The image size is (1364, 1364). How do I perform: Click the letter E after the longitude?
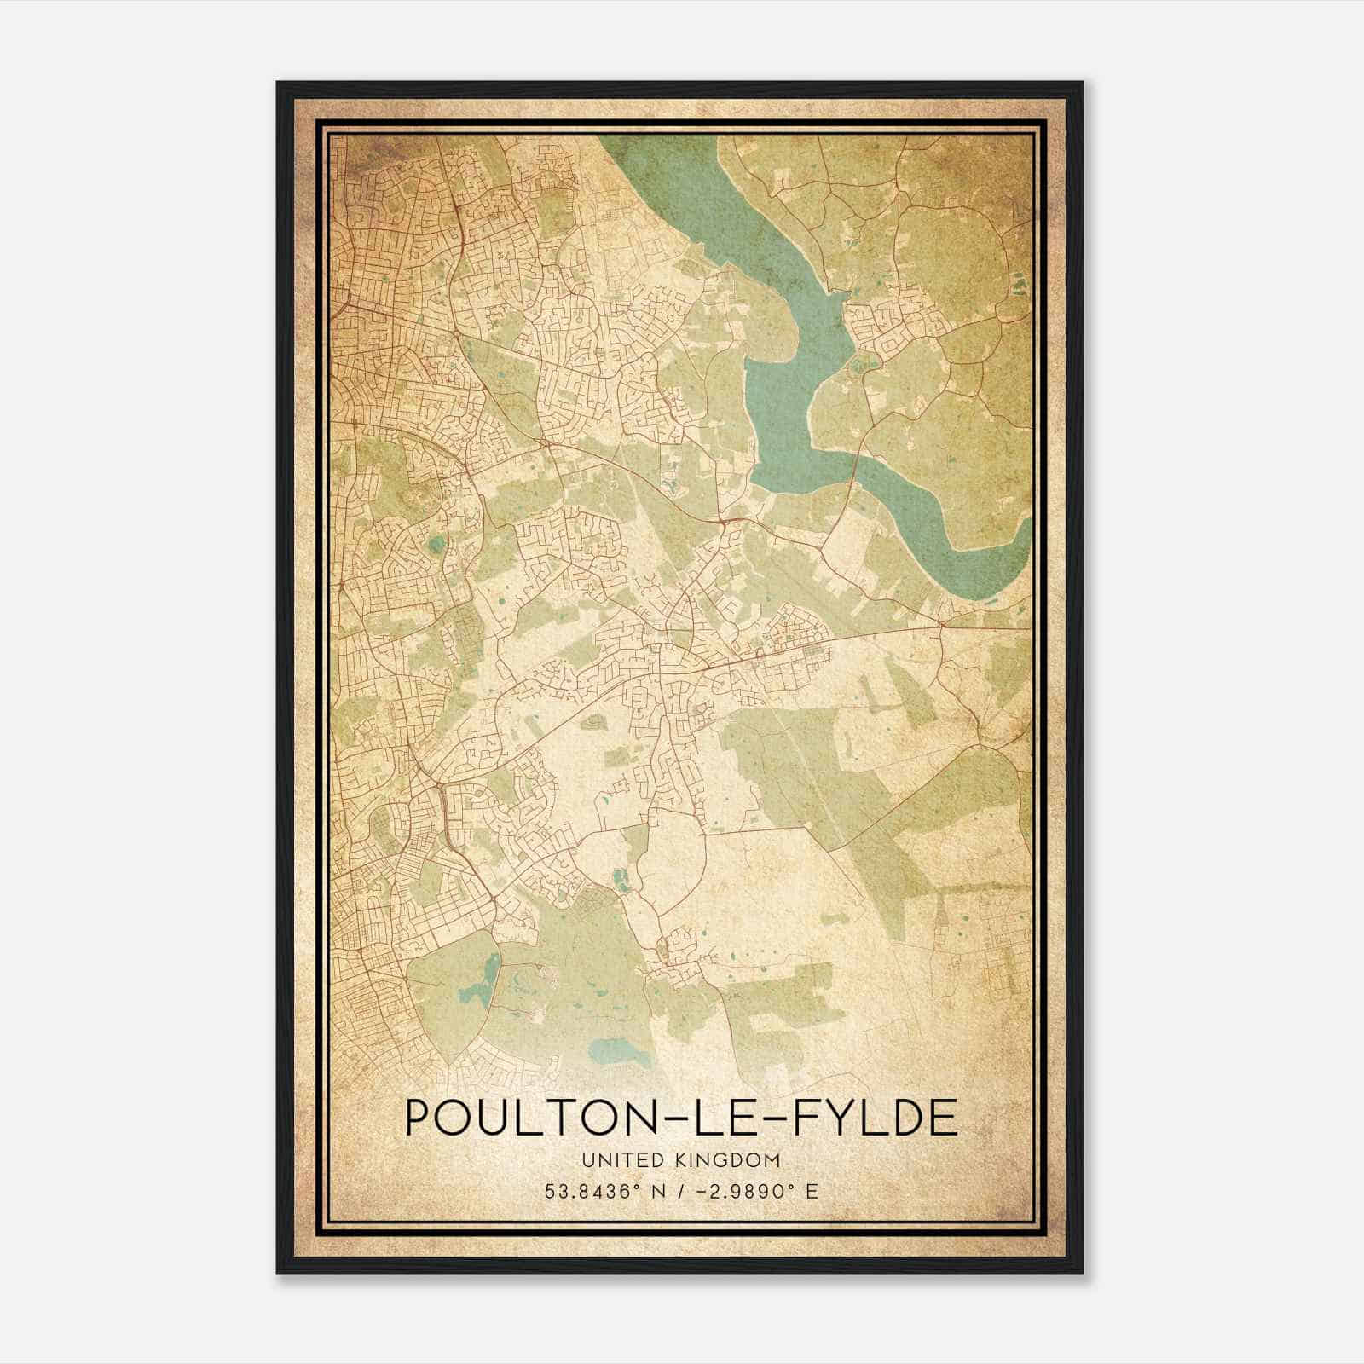(812, 1192)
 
